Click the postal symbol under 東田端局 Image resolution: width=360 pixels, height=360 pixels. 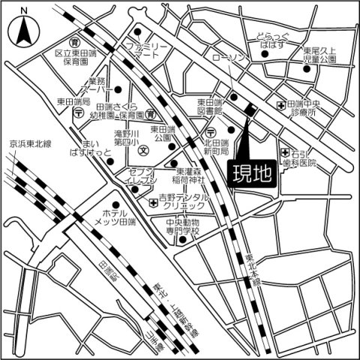79,112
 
